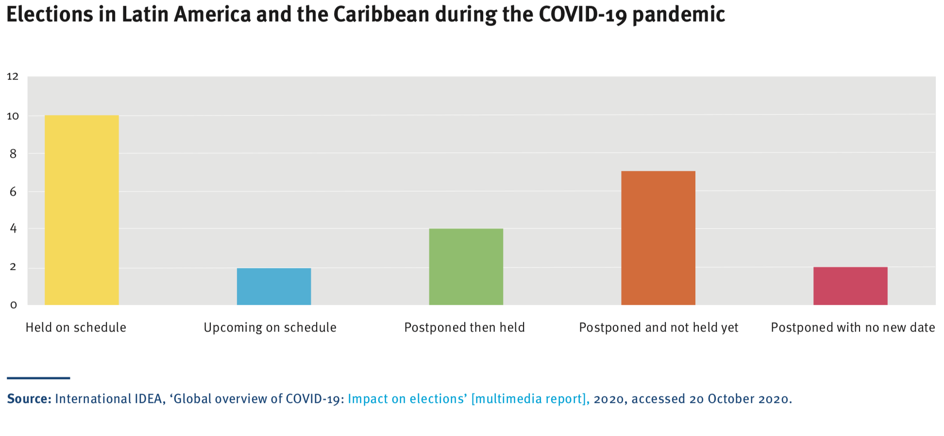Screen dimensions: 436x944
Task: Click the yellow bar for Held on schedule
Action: pos(82,210)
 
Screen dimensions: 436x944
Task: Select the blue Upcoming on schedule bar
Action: pos(274,286)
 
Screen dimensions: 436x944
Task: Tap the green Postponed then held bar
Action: pos(466,267)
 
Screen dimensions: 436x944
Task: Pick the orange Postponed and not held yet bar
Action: pos(658,238)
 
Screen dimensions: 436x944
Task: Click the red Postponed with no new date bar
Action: pos(850,286)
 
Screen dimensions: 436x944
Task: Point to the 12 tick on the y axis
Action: pos(13,76)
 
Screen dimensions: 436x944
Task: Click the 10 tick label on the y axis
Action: pos(13,116)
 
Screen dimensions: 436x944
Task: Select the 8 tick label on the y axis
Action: pos(13,154)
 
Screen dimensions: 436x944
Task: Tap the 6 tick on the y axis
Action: pos(13,192)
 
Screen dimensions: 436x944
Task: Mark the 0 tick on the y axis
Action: pos(13,305)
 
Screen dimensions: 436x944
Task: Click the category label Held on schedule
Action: pos(76,328)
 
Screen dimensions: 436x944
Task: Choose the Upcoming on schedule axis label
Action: pos(270,328)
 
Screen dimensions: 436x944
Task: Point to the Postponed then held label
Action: pos(464,328)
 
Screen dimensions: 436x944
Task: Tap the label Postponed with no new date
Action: pos(853,328)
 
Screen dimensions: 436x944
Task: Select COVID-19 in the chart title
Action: pos(582,15)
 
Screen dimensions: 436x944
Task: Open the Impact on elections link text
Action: pos(407,399)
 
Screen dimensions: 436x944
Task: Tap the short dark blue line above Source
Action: pos(38,378)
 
